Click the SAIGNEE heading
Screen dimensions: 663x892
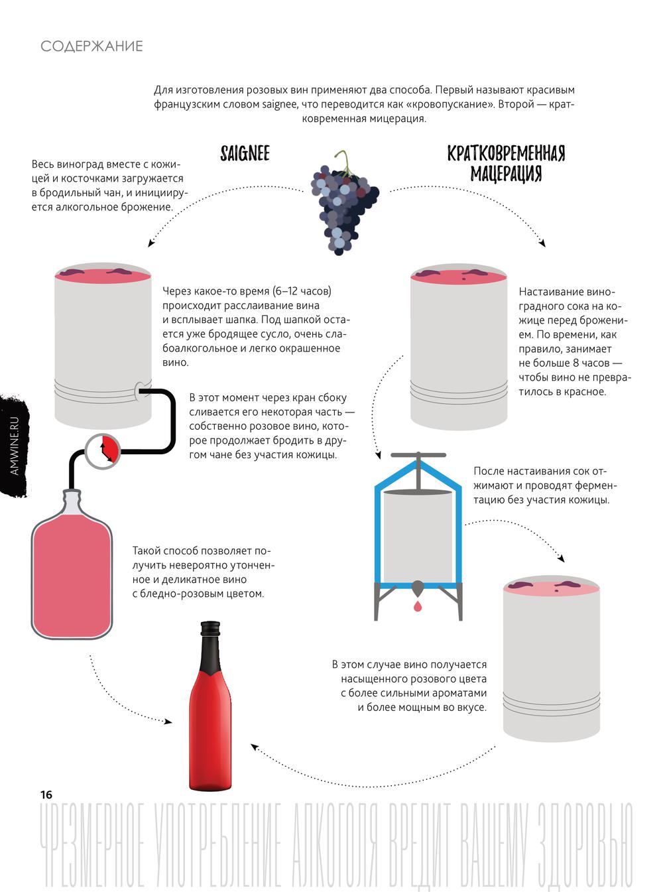245,153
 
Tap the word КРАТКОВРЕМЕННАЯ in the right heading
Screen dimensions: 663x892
506,153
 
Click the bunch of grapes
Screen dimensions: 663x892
345,203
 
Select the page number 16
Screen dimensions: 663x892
46,795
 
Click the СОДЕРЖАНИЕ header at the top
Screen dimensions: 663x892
91,46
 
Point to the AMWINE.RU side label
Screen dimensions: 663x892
15,445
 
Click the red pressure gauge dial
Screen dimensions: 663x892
103,451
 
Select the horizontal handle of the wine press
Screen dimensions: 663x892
418,455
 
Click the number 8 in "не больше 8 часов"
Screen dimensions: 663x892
575,363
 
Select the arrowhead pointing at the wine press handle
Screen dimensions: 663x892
379,455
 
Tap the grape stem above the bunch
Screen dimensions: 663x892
343,161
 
